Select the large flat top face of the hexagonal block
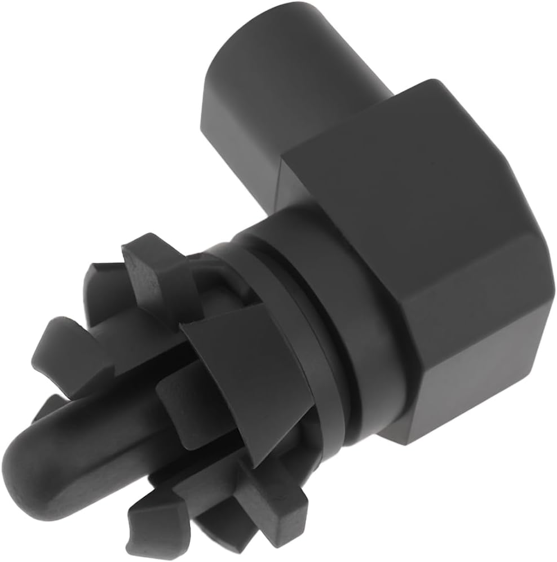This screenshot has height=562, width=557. (395, 186)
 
